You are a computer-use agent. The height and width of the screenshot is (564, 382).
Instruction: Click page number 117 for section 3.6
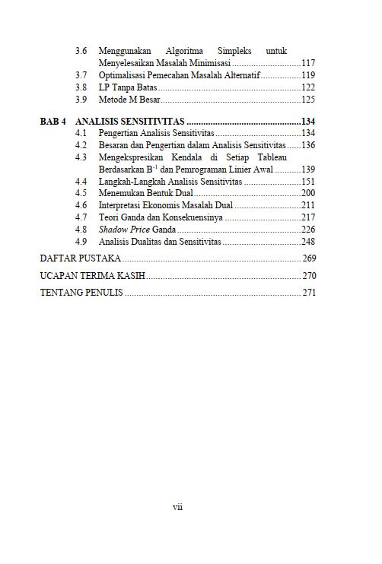(x=308, y=63)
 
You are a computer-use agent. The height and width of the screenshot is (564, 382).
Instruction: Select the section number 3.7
(x=81, y=75)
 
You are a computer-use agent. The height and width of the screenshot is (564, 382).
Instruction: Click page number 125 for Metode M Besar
(x=308, y=100)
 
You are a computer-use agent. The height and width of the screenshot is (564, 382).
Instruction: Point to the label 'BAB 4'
(x=53, y=122)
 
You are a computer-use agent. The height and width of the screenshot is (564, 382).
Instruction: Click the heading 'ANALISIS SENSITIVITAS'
(x=130, y=122)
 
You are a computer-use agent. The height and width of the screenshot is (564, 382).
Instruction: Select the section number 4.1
(x=81, y=133)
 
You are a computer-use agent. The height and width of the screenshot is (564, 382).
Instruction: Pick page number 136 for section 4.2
(x=308, y=144)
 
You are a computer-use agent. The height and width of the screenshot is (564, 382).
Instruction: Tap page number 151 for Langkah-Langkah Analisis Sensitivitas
(x=308, y=181)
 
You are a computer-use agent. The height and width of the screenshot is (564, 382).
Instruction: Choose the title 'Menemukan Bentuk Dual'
(x=146, y=193)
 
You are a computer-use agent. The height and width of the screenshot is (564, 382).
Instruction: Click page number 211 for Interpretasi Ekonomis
(x=308, y=205)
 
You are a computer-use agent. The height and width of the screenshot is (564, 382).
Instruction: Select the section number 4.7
(x=81, y=217)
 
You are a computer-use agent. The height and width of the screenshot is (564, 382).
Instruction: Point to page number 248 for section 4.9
(x=308, y=241)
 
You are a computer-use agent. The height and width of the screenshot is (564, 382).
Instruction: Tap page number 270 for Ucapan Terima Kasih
(x=309, y=275)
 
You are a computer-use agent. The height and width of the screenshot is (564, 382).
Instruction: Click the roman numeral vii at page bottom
(x=178, y=507)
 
